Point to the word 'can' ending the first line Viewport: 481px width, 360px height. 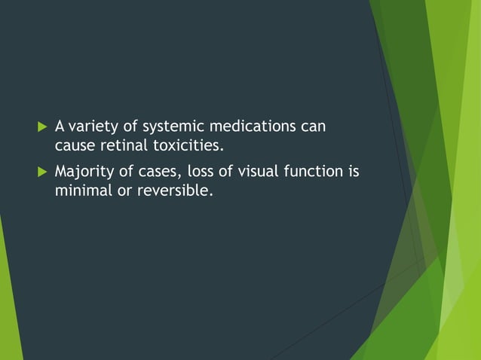[x=313, y=126]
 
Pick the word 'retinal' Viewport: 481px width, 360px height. [x=125, y=145]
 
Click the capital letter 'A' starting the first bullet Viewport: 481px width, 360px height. [x=60, y=126]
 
